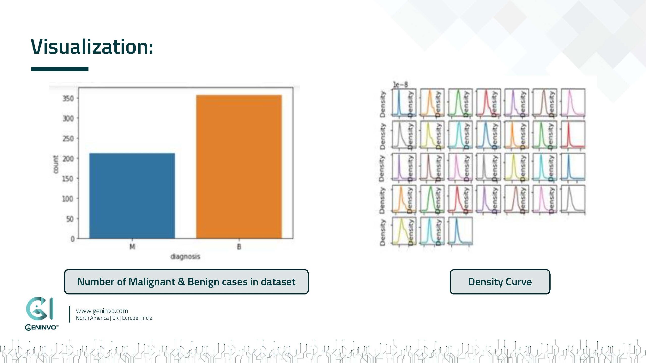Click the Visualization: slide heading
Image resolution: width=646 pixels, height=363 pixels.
(x=92, y=47)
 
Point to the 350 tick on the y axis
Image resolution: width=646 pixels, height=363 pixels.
(x=68, y=98)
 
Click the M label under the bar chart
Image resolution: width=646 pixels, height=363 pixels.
(x=132, y=247)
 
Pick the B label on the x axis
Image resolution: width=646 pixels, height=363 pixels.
(x=239, y=247)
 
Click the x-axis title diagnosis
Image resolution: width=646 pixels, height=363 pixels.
(x=185, y=257)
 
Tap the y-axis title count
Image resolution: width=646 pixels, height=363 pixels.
(x=55, y=164)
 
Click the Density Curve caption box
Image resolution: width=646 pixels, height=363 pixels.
(x=500, y=282)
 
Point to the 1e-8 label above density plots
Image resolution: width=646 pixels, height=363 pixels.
(x=400, y=85)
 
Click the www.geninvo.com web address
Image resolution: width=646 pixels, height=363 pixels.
(x=102, y=311)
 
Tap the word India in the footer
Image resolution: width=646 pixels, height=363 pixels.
(x=147, y=318)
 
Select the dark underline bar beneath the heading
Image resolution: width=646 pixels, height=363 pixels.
(x=60, y=69)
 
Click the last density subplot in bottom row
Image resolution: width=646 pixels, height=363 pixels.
(x=460, y=231)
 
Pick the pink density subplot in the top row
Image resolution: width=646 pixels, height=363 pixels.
(x=573, y=102)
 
